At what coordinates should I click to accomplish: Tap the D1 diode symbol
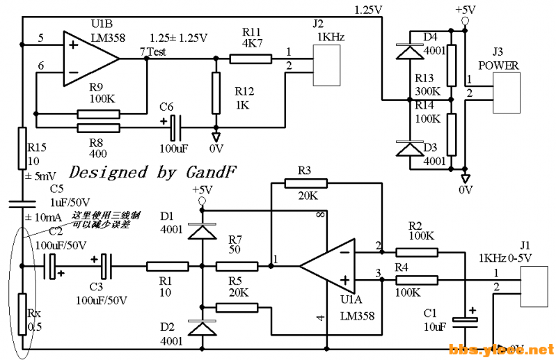coord(202,230)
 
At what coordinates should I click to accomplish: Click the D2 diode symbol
coord(202,327)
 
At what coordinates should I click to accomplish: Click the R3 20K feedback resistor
coord(305,184)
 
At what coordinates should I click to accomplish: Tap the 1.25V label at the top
coord(368,10)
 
